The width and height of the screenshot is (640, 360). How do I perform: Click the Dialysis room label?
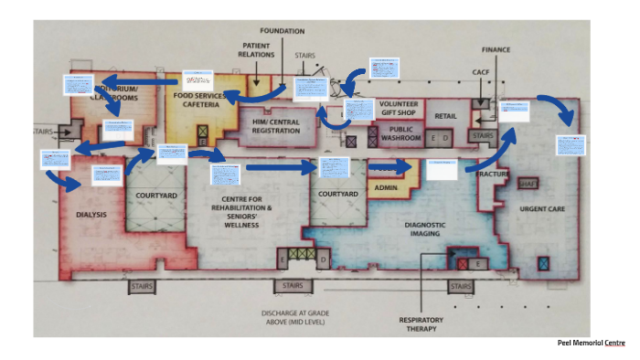[91, 215]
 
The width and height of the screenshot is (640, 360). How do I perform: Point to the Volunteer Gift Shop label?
[398, 109]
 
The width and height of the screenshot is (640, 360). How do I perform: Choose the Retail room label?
[445, 116]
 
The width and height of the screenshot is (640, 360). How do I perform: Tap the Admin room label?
[385, 189]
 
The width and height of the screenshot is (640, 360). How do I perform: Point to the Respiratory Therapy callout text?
[421, 324]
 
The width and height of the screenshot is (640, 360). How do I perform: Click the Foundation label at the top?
[282, 31]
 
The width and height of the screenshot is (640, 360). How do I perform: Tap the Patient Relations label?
[257, 49]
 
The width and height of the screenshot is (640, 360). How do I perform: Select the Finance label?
[496, 49]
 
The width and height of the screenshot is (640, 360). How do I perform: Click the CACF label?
[482, 71]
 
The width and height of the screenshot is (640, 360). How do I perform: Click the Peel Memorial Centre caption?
[592, 343]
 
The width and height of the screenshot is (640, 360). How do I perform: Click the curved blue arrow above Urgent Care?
[558, 108]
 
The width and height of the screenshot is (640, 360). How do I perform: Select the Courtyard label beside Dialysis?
[156, 196]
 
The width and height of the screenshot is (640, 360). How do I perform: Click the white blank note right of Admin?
[442, 169]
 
